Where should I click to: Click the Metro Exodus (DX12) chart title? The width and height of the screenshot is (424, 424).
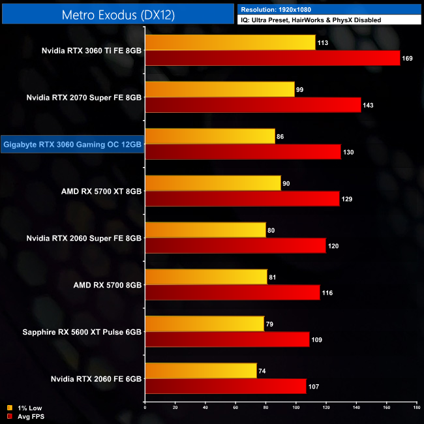click(117, 14)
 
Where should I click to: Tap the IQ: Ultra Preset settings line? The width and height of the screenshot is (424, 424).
click(310, 21)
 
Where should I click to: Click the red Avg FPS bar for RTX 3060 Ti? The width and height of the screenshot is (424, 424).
click(272, 58)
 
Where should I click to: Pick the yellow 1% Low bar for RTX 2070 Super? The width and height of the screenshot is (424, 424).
click(220, 89)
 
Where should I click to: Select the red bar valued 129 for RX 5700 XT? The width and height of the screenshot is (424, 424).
click(242, 198)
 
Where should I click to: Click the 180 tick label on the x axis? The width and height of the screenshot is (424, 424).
click(416, 408)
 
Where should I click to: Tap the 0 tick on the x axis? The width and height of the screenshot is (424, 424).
click(145, 408)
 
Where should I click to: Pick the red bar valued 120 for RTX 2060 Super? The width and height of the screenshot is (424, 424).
click(235, 245)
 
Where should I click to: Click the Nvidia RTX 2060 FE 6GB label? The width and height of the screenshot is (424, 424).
click(96, 378)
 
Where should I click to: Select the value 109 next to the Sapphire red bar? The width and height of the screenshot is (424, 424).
click(318, 339)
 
